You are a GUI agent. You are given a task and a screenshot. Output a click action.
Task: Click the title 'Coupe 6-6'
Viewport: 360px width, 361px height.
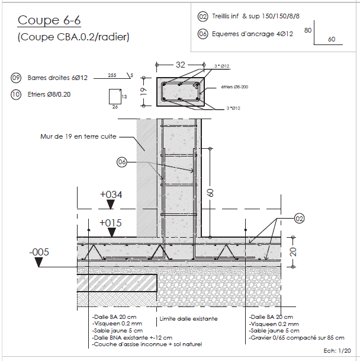pyautogui.click(x=49, y=20)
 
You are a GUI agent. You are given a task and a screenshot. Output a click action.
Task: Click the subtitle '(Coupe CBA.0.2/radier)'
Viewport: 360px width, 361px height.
pyautogui.click(x=73, y=37)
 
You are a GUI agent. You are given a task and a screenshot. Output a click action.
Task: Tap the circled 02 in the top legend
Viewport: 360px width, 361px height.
pyautogui.click(x=202, y=17)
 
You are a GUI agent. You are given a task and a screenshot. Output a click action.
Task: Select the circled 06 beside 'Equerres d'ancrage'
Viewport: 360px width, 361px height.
pyautogui.click(x=202, y=34)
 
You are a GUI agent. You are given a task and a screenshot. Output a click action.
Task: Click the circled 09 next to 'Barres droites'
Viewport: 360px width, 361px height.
pyautogui.click(x=16, y=78)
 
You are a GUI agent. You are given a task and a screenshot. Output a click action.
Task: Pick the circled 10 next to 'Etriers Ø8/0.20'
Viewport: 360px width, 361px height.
pyautogui.click(x=16, y=94)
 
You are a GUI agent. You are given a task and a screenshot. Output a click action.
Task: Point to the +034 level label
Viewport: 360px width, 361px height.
pyautogui.click(x=111, y=194)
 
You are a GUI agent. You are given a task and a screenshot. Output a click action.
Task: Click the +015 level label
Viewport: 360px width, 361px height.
pyautogui.click(x=111, y=222)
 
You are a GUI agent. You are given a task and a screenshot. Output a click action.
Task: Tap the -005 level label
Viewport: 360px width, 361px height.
pyautogui.click(x=39, y=252)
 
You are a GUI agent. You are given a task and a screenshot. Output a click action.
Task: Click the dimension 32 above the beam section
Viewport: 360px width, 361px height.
pyautogui.click(x=180, y=64)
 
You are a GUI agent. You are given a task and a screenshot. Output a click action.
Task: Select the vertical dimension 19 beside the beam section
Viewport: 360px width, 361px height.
pyautogui.click(x=143, y=91)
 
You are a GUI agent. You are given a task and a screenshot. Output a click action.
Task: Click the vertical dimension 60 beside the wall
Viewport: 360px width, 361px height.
pyautogui.click(x=210, y=193)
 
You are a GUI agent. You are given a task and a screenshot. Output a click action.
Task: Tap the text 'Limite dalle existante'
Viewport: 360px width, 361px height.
pyautogui.click(x=188, y=319)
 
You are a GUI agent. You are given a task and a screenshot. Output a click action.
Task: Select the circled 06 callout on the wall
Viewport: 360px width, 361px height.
pyautogui.click(x=122, y=161)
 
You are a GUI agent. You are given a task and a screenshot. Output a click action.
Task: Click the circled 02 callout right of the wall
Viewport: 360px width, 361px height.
pyautogui.click(x=299, y=219)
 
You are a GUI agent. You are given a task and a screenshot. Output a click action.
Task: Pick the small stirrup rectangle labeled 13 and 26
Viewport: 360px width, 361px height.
pyautogui.click(x=115, y=97)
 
